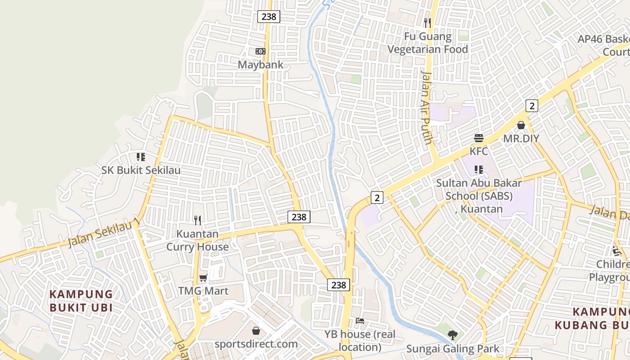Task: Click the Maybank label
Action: point(261,65)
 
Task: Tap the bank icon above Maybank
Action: point(261,51)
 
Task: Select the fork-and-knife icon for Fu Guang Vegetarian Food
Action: point(427,22)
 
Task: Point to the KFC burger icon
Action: point(478,138)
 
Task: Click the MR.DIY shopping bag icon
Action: point(521,125)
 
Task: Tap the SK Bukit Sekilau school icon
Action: point(141,157)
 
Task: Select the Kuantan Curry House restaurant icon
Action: point(198,220)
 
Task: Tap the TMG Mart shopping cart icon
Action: point(203,278)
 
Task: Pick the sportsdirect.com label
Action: point(256,344)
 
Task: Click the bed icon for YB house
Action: point(360,321)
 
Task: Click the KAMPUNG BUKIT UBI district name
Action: point(81,301)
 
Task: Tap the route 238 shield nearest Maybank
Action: point(269,17)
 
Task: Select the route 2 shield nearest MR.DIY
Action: point(532,106)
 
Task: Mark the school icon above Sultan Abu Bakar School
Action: point(478,170)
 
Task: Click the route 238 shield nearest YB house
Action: point(338,285)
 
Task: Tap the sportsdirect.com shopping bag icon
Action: point(256,331)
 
